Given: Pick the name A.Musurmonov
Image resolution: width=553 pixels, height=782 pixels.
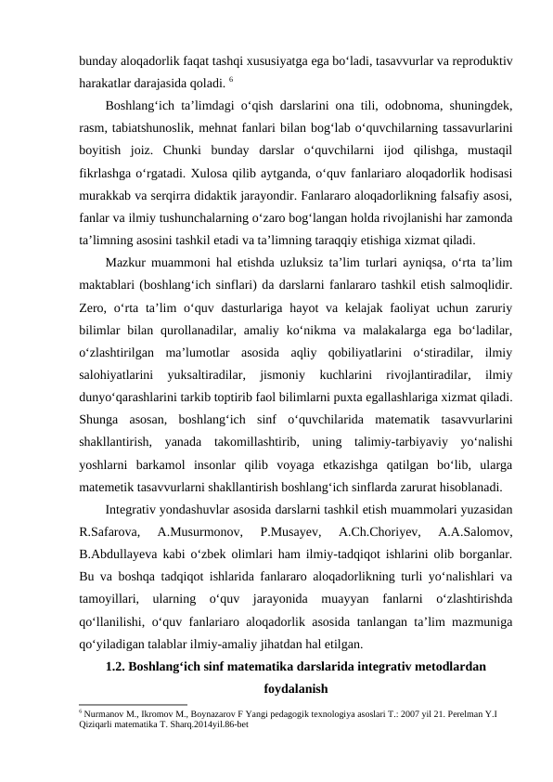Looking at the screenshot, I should pos(197,533).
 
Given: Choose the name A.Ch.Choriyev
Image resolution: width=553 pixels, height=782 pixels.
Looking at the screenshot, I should pos(376,533).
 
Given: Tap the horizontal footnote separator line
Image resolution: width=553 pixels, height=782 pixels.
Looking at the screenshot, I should pos(134,703).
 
